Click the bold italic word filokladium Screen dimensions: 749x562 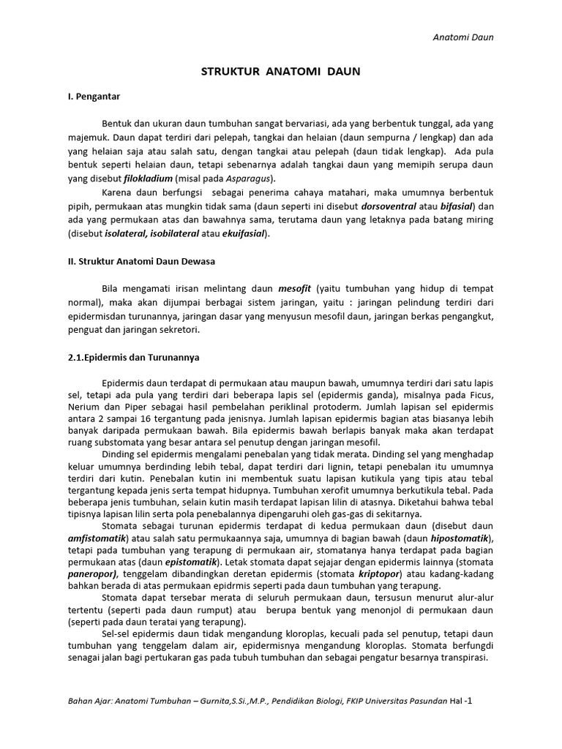[149, 178]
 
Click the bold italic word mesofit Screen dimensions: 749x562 [294, 289]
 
